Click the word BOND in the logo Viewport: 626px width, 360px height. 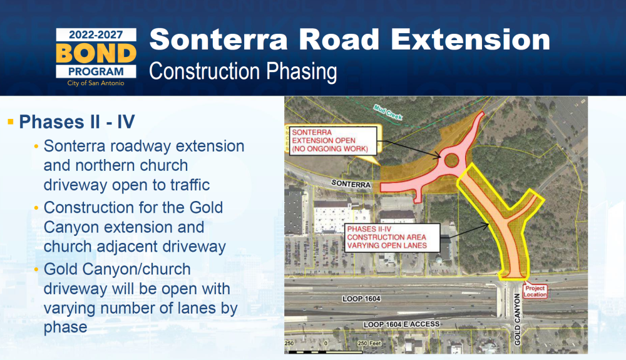pyautogui.click(x=96, y=53)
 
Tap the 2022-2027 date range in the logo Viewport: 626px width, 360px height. pyautogui.click(x=96, y=34)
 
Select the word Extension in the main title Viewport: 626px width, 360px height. pyautogui.click(x=470, y=39)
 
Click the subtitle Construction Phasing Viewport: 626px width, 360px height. pyautogui.click(x=243, y=71)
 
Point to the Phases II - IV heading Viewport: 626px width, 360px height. pyautogui.click(x=77, y=121)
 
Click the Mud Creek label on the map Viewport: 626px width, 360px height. pyautogui.click(x=387, y=112)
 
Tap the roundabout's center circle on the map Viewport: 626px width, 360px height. pyautogui.click(x=451, y=160)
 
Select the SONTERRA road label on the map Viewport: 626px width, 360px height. pyautogui.click(x=351, y=184)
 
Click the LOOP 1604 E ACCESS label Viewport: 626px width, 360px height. pyautogui.click(x=402, y=324)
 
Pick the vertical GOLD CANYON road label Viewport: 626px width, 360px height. pyautogui.click(x=518, y=319)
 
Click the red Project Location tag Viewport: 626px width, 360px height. pyautogui.click(x=535, y=291)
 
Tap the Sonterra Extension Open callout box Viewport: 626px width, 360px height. pyautogui.click(x=332, y=140)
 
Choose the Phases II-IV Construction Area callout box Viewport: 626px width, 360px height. pyautogui.click(x=393, y=237)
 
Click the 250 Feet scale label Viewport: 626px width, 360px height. pyautogui.click(x=369, y=343)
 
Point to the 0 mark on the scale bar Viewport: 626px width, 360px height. pyautogui.click(x=326, y=343)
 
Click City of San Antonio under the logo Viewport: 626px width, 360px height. pyautogui.click(x=96, y=83)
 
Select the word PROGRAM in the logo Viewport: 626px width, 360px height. pyautogui.click(x=96, y=72)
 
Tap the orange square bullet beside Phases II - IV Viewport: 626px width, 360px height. pyautogui.click(x=11, y=121)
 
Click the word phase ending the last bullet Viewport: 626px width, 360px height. pyautogui.click(x=66, y=327)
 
